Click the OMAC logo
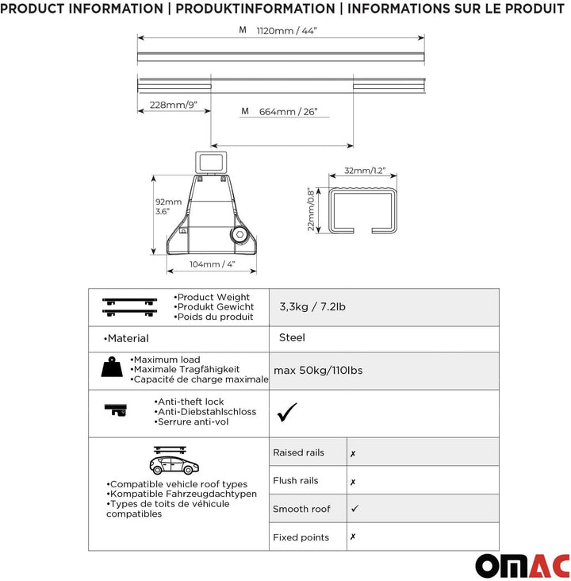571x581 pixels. coord(522,565)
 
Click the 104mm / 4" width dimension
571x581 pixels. coord(212,264)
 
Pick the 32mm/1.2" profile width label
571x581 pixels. coord(363,171)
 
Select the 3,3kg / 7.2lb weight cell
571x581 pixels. coord(312,307)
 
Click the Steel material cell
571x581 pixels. coord(292,337)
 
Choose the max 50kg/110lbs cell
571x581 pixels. coord(318,370)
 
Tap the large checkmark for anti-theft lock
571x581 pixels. coord(286,412)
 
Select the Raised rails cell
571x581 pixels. coord(299,452)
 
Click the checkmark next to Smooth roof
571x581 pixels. coord(354,508)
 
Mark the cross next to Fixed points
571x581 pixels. coord(353,537)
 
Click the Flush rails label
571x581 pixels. coord(296,480)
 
